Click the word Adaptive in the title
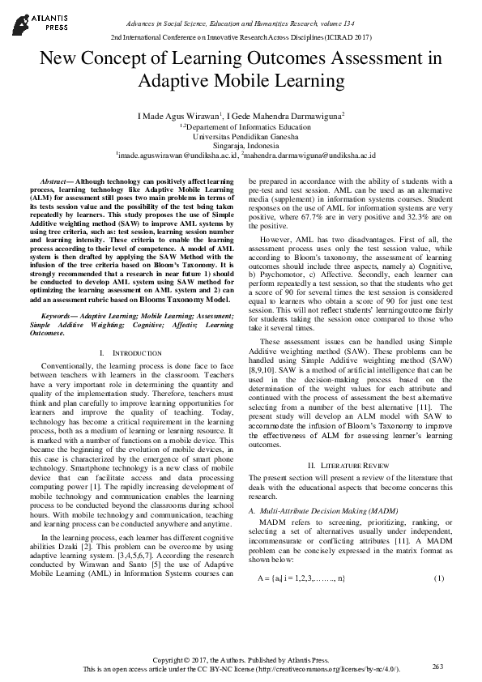pos(182,81)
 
